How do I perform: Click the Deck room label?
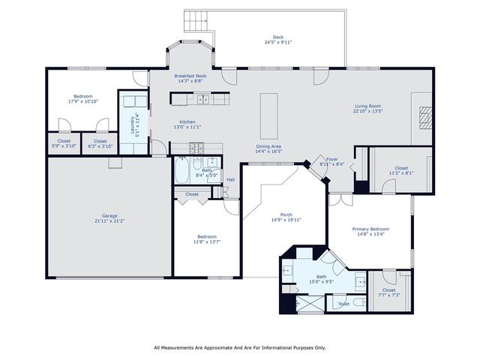click(x=278, y=37)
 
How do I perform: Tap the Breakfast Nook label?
click(x=190, y=76)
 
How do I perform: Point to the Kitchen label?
click(x=187, y=122)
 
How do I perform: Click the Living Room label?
click(x=368, y=106)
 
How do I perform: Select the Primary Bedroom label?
click(x=371, y=229)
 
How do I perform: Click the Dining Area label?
click(x=268, y=146)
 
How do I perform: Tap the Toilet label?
click(x=343, y=304)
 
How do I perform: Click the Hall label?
click(x=230, y=179)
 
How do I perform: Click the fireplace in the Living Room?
click(x=425, y=115)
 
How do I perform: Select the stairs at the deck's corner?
click(x=196, y=20)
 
